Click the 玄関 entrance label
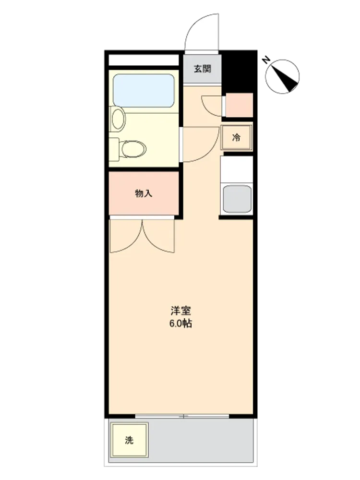[x=203, y=69]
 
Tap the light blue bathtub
[x=144, y=91]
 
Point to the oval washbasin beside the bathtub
[x=119, y=119]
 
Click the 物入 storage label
[x=144, y=193]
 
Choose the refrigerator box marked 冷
[x=236, y=137]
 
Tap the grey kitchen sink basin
[x=237, y=199]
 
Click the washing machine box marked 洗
[x=130, y=440]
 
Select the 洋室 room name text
[x=181, y=311]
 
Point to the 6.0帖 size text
[x=181, y=323]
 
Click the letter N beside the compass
[x=266, y=60]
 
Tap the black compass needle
[x=285, y=79]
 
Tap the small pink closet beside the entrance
[x=240, y=105]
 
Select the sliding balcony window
[x=182, y=416]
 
